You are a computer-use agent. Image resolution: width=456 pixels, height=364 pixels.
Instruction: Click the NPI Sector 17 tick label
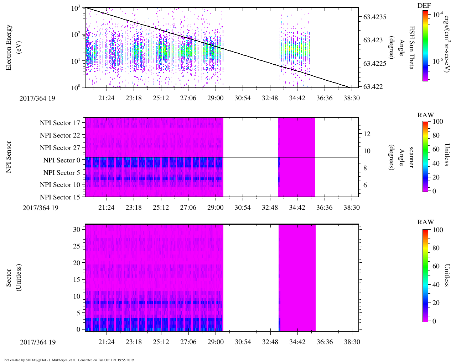pyautogui.click(x=60, y=123)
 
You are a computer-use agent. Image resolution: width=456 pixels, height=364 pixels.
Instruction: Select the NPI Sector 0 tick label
pyautogui.click(x=62, y=160)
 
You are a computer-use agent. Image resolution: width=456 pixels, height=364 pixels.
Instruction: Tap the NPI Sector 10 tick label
pyautogui.click(x=60, y=185)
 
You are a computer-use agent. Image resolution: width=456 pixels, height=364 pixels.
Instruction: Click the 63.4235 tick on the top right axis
pyautogui.click(x=375, y=17)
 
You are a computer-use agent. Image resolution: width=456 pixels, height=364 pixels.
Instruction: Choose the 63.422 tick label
pyautogui.click(x=373, y=87)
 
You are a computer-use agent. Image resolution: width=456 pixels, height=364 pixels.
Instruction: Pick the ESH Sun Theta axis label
pyautogui.click(x=411, y=47)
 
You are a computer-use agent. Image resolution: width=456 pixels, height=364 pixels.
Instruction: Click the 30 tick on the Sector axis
pyautogui.click(x=77, y=230)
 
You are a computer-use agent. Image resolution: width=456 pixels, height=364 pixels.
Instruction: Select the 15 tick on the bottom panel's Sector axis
pyautogui.click(x=77, y=279)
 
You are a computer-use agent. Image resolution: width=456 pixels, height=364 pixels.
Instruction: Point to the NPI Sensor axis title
pyautogui.click(x=9, y=157)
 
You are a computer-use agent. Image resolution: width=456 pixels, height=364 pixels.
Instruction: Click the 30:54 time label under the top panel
pyautogui.click(x=243, y=98)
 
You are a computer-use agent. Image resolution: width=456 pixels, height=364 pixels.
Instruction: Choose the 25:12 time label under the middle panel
pyautogui.click(x=161, y=208)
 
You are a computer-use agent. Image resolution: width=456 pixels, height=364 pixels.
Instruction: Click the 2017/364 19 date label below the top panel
pyautogui.click(x=37, y=98)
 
